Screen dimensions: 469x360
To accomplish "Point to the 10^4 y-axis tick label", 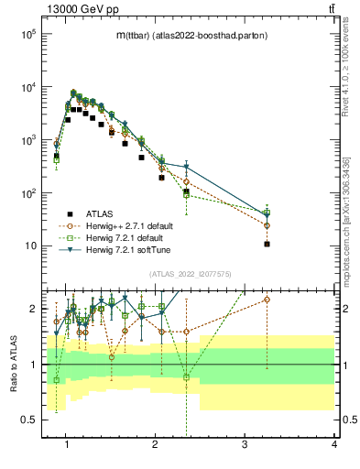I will [x=28, y=87].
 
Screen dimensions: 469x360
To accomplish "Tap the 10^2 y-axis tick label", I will [x=28, y=193].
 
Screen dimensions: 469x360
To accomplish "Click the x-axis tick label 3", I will [x=245, y=444].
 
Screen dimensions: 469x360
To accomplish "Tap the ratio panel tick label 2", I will [x=33, y=309].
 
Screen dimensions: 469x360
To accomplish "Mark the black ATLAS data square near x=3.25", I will [x=267, y=244].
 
